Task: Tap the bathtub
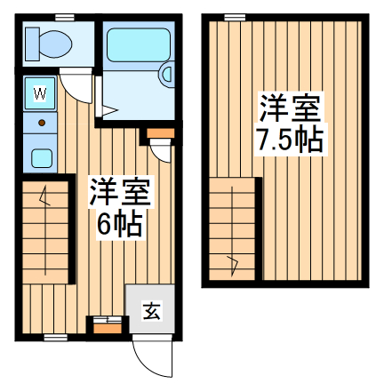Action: (133, 45)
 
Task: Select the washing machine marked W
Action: (39, 92)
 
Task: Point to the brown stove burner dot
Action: (40, 120)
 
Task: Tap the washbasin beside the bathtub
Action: (165, 76)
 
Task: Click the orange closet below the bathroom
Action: (159, 134)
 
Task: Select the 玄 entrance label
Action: (150, 311)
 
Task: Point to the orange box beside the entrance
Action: (106, 324)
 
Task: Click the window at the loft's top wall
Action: (235, 17)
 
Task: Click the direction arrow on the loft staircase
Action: (233, 261)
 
